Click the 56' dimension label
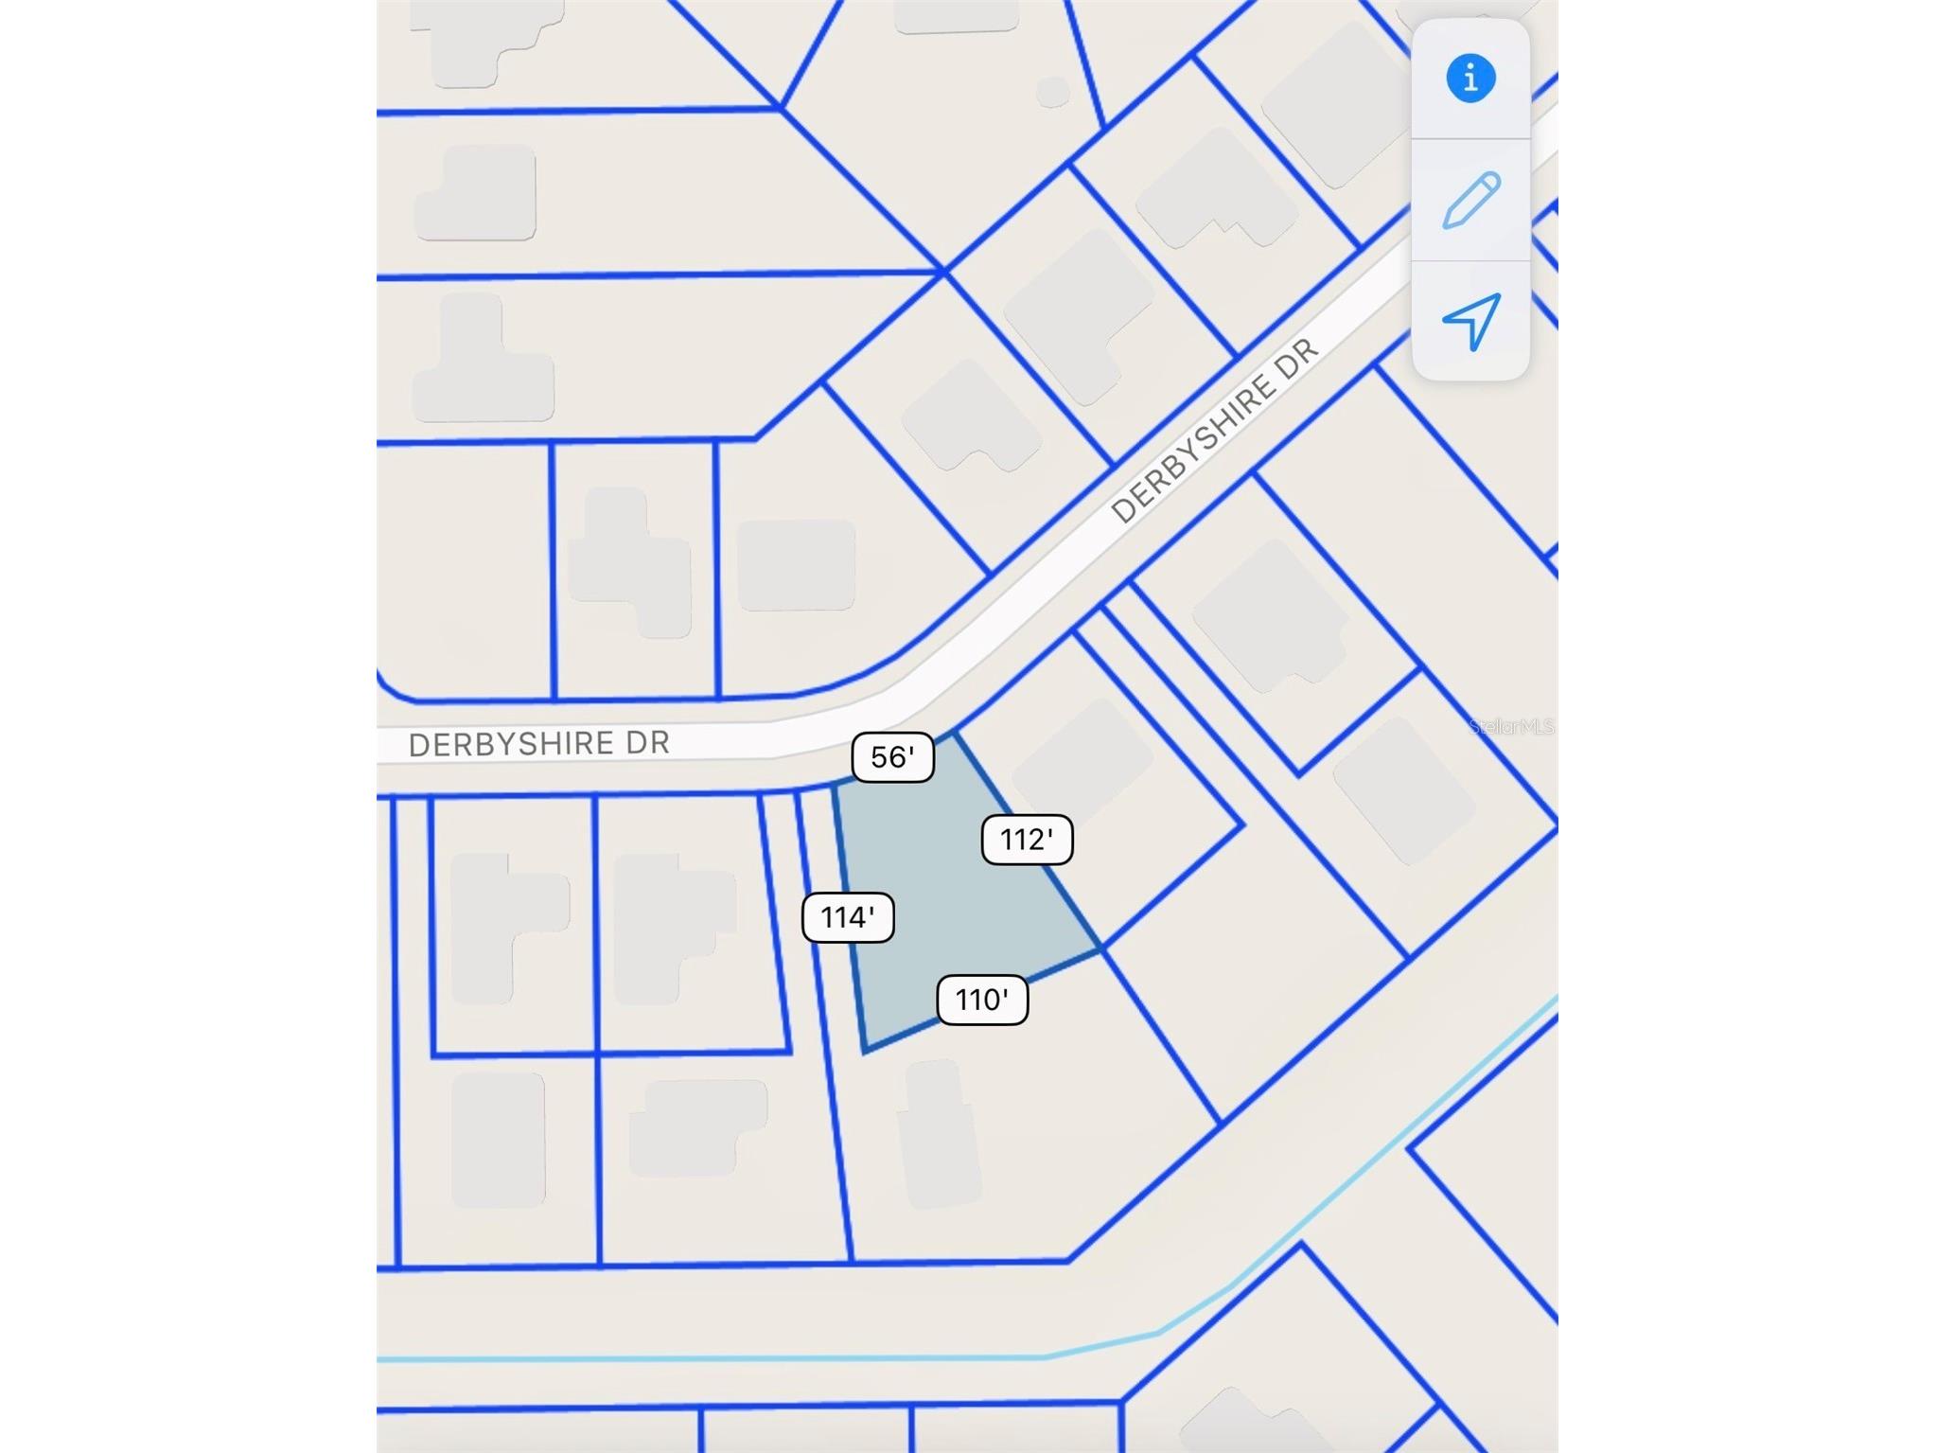click(x=892, y=756)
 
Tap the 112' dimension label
click(x=1027, y=839)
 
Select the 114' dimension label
click(x=847, y=916)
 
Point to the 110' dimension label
click(x=981, y=1000)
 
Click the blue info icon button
click(x=1470, y=78)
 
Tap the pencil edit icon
click(x=1470, y=200)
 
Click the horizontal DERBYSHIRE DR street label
click(x=538, y=744)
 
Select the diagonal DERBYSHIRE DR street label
click(x=1214, y=431)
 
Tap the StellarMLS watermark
click(x=1511, y=726)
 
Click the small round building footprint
click(x=1052, y=92)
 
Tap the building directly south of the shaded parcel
click(x=939, y=1134)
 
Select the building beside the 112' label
click(x=1083, y=757)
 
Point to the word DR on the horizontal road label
click(x=647, y=742)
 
